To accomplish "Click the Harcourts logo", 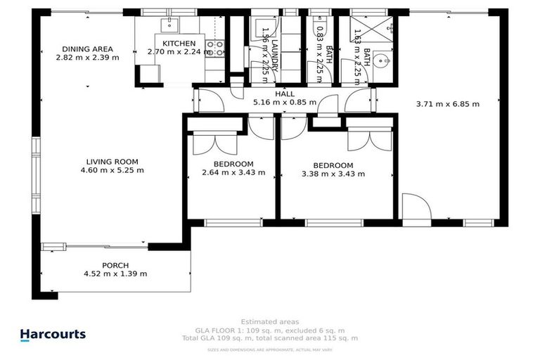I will click(x=53, y=335).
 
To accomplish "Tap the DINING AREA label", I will click(x=87, y=49).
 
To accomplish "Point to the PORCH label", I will click(x=115, y=265).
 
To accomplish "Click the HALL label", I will click(x=285, y=94).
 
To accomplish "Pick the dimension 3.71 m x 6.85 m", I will click(x=447, y=104).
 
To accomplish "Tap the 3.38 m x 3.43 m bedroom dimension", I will click(x=333, y=174).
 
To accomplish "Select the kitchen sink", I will click(x=169, y=26).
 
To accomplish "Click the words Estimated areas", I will click(x=269, y=322).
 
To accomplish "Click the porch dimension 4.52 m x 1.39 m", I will click(x=115, y=274).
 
